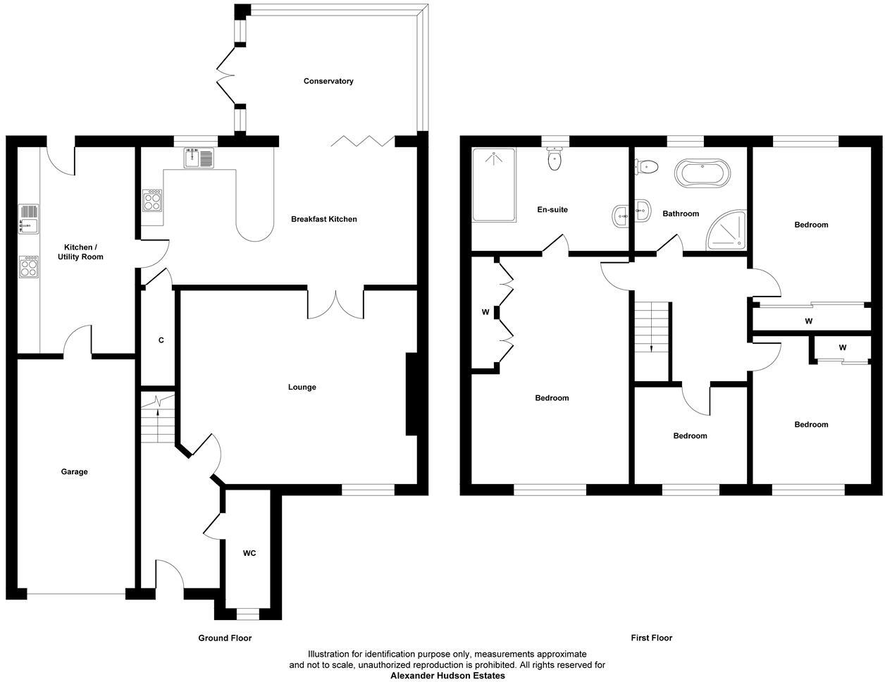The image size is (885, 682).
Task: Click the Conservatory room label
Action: coord(328,81)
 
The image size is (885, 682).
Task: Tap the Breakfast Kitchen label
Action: coord(324,219)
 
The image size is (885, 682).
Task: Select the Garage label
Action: coord(74,471)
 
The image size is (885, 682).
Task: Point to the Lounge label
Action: coord(302,387)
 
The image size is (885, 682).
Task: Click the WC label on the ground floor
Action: coord(249,553)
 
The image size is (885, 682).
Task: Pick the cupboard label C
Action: coord(161,340)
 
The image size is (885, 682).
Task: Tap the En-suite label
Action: coord(552,209)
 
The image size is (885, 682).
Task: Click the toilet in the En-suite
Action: coord(555,159)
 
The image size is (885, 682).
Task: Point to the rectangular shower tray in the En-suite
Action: coord(493,184)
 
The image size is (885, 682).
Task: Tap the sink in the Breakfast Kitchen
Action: coord(199,159)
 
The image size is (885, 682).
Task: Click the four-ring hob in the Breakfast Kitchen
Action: coord(152,201)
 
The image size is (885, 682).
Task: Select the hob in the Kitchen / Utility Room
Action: coord(29,266)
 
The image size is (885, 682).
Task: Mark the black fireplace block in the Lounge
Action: coord(411,395)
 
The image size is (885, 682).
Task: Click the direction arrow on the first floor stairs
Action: coord(651,347)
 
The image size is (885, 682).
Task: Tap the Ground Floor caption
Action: coord(224,638)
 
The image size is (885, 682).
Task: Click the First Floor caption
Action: coord(651,638)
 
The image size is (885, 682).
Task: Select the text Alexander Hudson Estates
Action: coord(447,676)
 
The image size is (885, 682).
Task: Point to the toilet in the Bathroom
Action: coord(647,167)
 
